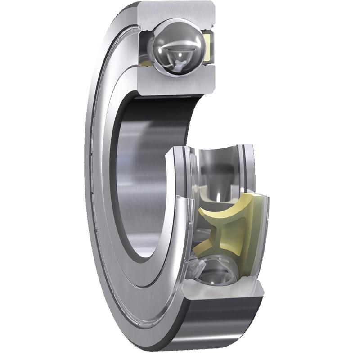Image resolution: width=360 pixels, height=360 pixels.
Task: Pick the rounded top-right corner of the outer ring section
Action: (x=211, y=7)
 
